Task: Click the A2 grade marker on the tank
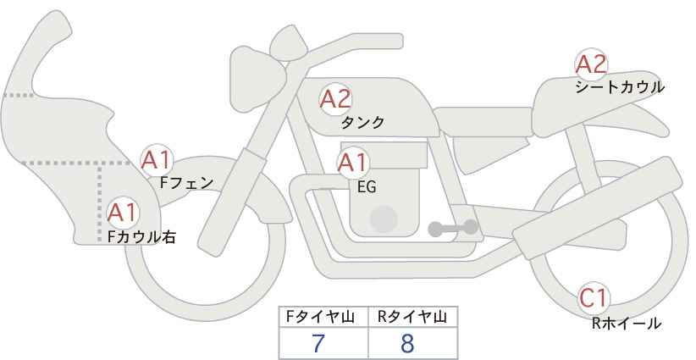tap(335, 99)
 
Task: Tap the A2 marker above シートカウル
tap(591, 64)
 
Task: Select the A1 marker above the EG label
tap(353, 163)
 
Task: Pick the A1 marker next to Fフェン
tap(157, 160)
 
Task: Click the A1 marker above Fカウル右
tap(123, 213)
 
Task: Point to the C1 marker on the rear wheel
tap(594, 298)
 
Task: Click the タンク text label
tap(362, 122)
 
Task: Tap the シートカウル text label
tap(620, 87)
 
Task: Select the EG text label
tap(367, 187)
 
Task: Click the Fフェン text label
tap(186, 182)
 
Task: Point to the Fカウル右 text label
tap(141, 236)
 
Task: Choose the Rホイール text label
tap(627, 323)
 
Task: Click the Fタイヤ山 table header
tap(320, 317)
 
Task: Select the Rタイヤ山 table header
tap(412, 317)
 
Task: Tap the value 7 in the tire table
tap(318, 343)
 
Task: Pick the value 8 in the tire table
tap(407, 343)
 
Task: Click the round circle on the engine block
tap(384, 219)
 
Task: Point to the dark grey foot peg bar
tap(453, 228)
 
